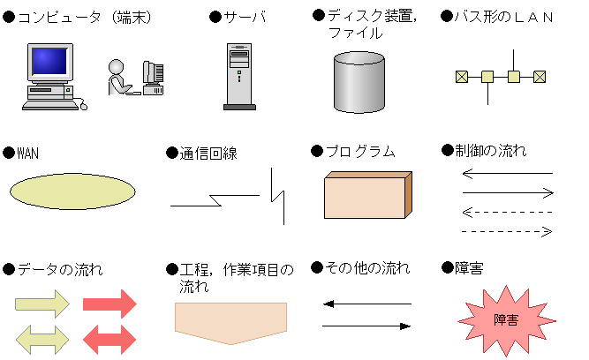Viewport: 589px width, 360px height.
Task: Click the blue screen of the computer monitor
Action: tap(49, 61)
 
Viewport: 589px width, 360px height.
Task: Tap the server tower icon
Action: tap(239, 77)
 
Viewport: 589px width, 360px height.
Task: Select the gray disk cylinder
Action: tap(359, 82)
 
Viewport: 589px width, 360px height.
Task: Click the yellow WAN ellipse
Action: tap(72, 191)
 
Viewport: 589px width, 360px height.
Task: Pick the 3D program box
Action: tap(368, 195)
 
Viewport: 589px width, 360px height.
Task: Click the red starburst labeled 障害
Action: tap(506, 320)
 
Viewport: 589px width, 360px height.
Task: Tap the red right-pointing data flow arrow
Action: tap(109, 304)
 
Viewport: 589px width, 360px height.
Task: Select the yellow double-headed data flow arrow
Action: tap(42, 340)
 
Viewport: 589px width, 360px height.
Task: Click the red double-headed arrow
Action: tap(109, 340)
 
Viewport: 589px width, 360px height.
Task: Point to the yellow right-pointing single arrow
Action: tap(42, 304)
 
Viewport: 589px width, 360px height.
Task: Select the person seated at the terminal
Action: tap(119, 78)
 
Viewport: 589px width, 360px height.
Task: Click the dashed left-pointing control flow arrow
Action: tap(507, 212)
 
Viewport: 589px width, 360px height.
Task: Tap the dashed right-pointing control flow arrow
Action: tap(507, 231)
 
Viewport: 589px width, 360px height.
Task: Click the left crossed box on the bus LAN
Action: tap(462, 77)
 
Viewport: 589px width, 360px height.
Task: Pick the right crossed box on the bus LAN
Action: tap(540, 77)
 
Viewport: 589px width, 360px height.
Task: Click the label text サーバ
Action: tap(245, 17)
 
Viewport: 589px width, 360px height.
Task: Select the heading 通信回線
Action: tap(208, 154)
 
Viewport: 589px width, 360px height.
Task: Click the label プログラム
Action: tap(360, 151)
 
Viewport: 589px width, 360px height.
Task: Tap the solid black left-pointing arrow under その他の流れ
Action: tap(367, 304)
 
